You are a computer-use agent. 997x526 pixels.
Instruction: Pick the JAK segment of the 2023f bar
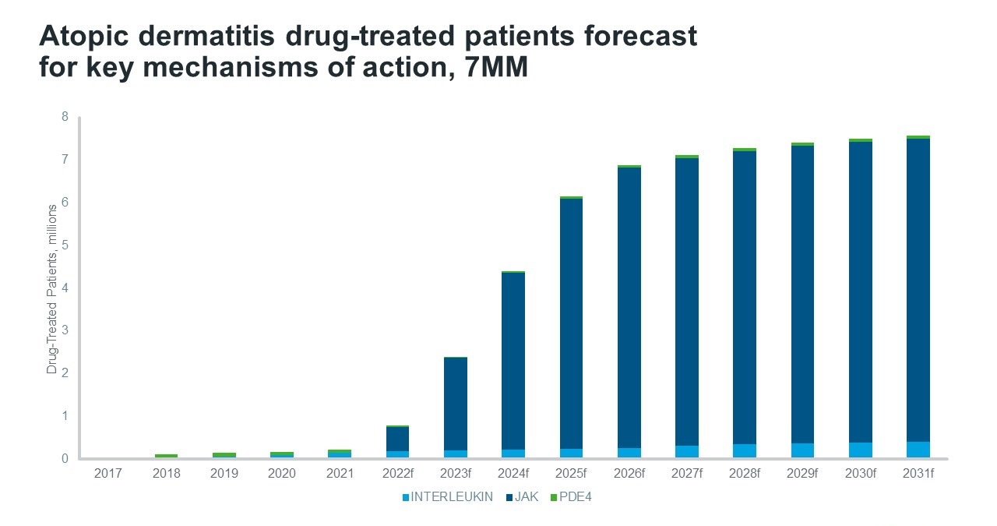455,404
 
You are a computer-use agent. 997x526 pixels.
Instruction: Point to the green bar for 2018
166,456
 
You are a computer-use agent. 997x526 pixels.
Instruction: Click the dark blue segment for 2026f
629,307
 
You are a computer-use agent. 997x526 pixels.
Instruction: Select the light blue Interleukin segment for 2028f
745,450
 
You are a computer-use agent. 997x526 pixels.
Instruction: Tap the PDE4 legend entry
577,497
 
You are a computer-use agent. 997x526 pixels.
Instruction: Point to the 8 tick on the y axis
65,117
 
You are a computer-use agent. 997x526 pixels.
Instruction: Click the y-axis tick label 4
65,288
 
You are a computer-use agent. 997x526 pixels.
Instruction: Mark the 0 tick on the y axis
65,458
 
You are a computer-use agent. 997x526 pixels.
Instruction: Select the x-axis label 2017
108,473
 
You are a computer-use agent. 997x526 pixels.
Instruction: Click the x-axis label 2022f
397,473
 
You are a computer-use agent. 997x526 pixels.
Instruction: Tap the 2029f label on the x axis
802,473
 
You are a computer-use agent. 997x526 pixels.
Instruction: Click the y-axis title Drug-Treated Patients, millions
52,288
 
